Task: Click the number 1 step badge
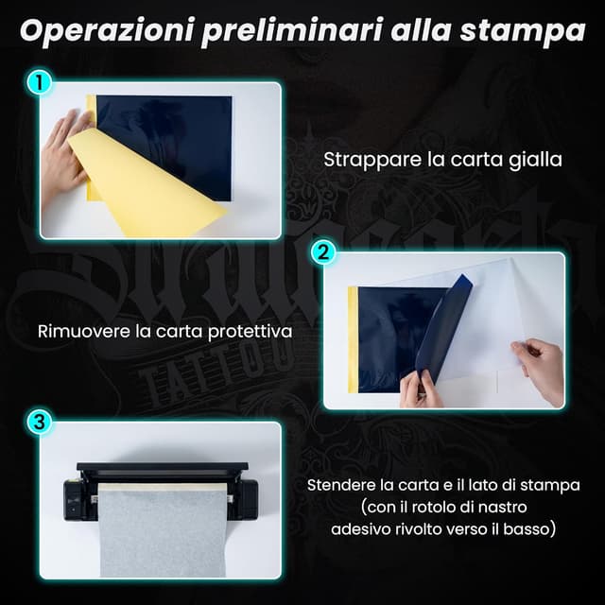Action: coord(39,83)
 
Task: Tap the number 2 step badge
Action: coord(323,252)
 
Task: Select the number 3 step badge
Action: coord(39,423)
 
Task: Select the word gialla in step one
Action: coord(534,160)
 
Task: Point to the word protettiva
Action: coord(249,332)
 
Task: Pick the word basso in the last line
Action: coord(533,529)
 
